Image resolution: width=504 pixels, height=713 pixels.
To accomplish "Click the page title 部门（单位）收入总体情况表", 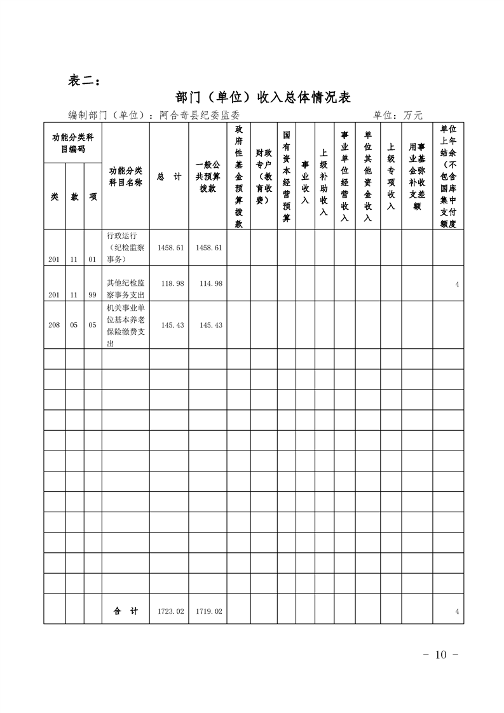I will tap(262, 97).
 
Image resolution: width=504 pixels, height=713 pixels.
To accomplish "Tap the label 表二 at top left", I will tap(83, 81).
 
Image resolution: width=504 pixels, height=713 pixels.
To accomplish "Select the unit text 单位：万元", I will tap(398, 115).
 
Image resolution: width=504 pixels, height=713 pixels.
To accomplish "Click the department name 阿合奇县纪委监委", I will tap(200, 115).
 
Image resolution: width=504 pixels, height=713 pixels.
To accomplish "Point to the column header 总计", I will tap(169, 177).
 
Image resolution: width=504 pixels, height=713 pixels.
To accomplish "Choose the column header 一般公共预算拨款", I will tap(208, 177).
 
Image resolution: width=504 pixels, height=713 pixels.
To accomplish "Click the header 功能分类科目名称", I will tap(126, 177).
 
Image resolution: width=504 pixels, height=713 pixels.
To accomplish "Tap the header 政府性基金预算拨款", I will tap(239, 176).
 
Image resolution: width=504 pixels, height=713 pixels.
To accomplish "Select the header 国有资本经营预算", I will tap(287, 176).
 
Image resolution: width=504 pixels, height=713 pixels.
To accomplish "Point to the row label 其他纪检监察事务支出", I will tap(126, 289).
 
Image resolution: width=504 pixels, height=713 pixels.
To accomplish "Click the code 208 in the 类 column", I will tap(54, 325).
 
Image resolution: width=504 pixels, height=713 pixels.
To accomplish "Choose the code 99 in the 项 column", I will tap(93, 295).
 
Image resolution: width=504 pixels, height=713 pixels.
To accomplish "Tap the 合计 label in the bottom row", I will tap(126, 611).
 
